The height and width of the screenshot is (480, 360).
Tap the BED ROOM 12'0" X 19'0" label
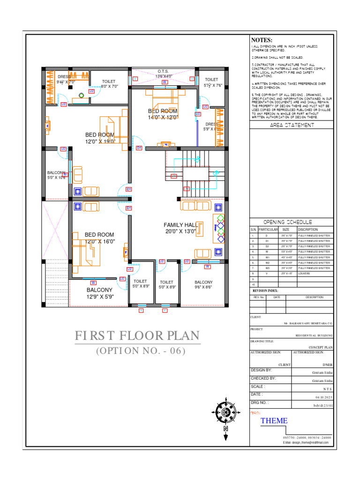[x=100, y=138]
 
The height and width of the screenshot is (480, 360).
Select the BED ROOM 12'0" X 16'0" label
[x=99, y=238]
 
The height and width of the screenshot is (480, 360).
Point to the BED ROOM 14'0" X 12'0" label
[x=163, y=114]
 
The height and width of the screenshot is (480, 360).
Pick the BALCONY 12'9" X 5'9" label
[x=99, y=293]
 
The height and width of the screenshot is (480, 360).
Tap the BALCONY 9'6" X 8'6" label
[x=203, y=285]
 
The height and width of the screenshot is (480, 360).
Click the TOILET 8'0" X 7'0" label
[x=109, y=84]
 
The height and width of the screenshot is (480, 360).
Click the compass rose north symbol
[x=225, y=412]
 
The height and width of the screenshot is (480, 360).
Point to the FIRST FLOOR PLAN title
[x=137, y=336]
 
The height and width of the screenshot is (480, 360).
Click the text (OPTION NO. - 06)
[x=141, y=351]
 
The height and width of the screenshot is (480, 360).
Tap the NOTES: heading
[x=262, y=41]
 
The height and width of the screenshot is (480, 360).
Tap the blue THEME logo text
[x=274, y=420]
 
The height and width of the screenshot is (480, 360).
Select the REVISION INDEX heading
[x=265, y=291]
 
